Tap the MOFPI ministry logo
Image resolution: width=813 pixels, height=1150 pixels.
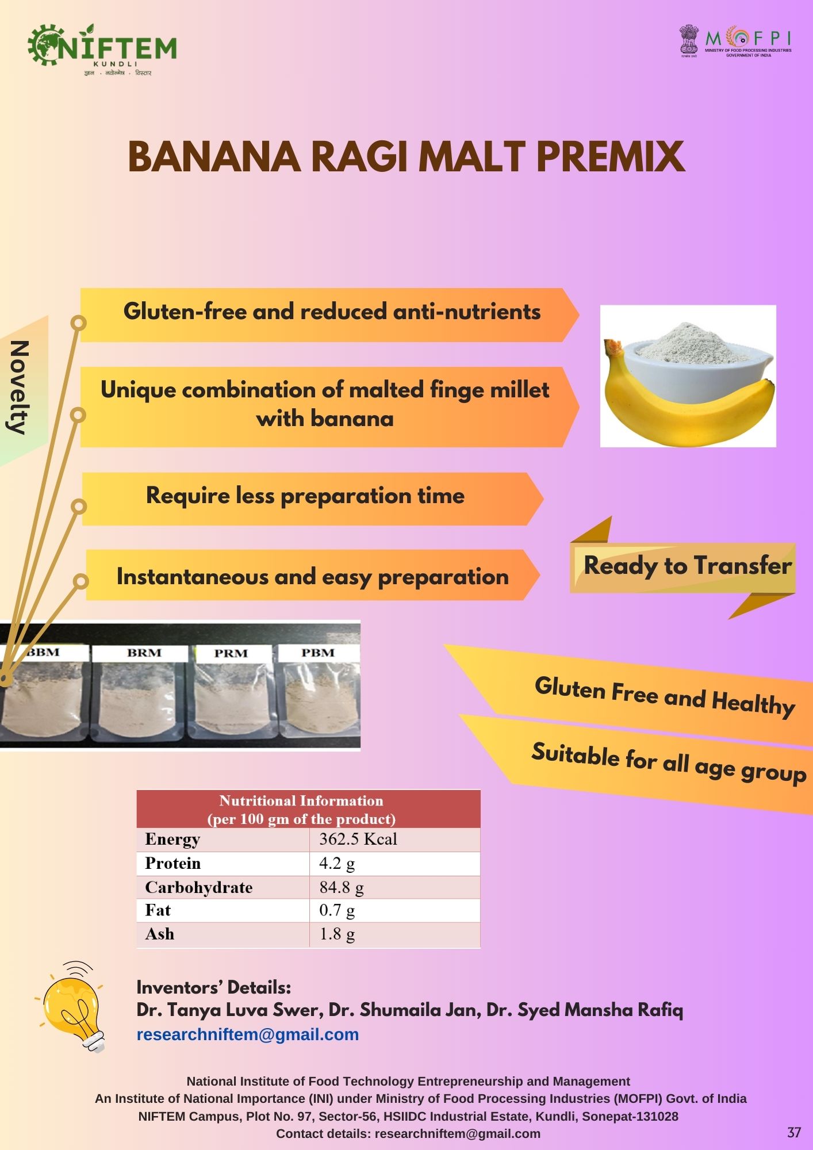[x=736, y=41]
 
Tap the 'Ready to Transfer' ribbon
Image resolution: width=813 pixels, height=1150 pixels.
[x=684, y=566]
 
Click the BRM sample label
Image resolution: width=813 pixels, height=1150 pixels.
[x=144, y=653]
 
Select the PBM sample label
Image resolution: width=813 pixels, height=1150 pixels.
[x=318, y=653]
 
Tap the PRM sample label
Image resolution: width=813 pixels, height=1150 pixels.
[x=231, y=654]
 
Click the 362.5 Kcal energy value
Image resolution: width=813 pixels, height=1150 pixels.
[x=358, y=839]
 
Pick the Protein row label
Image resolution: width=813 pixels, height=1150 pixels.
[x=173, y=863]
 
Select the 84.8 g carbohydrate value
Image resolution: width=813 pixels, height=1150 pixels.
[x=342, y=887]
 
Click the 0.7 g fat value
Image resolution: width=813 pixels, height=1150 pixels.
[x=337, y=910]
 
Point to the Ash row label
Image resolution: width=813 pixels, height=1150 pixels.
[x=160, y=934]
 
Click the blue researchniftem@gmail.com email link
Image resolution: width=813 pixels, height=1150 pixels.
[x=248, y=1034]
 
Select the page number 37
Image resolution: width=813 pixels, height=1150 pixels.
[x=794, y=1132]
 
